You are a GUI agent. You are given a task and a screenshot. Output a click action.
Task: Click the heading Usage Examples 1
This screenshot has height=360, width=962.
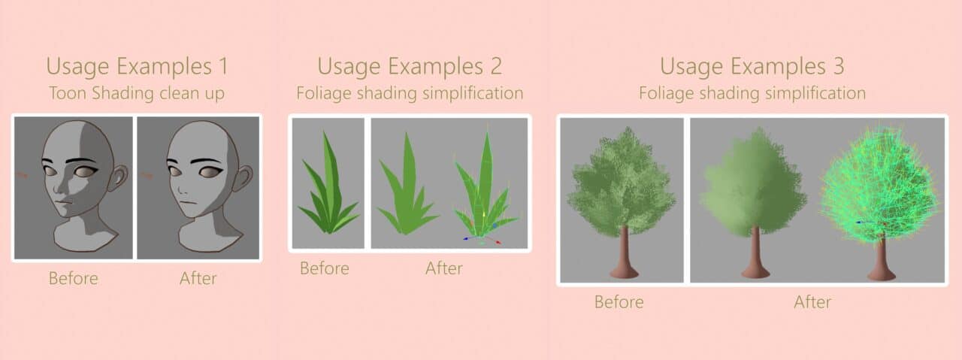click(137, 67)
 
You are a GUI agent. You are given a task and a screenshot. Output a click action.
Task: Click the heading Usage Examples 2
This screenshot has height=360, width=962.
click(410, 67)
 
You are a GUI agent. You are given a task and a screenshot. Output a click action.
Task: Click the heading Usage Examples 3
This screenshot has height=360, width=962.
click(752, 67)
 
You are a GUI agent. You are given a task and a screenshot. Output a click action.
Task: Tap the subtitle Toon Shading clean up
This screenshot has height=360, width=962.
click(137, 93)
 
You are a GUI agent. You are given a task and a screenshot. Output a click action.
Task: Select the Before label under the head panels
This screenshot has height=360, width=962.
click(74, 278)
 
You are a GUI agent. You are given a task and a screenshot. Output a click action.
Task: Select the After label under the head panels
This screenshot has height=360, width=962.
click(198, 278)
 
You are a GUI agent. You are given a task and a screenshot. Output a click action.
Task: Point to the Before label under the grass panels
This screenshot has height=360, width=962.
click(325, 268)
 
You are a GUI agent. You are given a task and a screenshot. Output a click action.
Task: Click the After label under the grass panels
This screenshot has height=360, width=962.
click(444, 268)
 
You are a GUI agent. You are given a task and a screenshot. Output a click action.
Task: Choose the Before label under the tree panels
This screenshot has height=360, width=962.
click(619, 302)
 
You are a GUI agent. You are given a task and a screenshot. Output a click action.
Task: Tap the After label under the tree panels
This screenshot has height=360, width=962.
click(812, 302)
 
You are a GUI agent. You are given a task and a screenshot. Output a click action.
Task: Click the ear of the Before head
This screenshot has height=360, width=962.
click(118, 178)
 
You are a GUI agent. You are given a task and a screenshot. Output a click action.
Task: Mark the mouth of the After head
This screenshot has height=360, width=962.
click(186, 202)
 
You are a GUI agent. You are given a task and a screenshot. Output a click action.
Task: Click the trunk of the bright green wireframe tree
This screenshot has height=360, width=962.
click(882, 259)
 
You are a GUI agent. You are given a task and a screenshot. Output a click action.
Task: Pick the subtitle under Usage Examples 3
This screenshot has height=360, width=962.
click(752, 93)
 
